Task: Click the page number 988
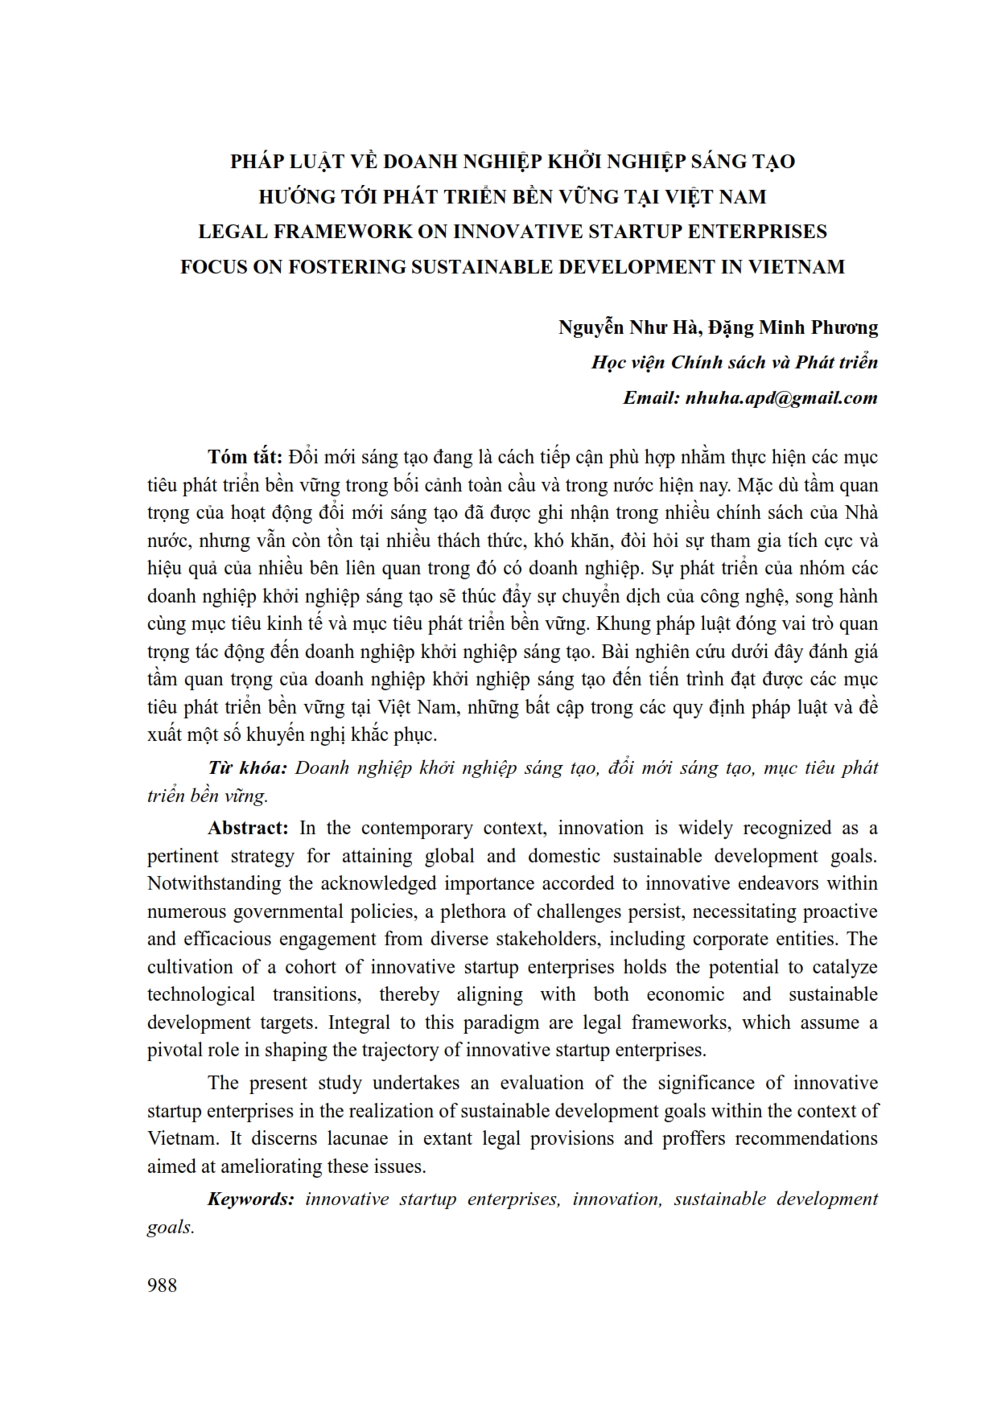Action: (162, 1285)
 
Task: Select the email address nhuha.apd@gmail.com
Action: (781, 397)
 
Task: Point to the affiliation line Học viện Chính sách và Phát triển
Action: (735, 362)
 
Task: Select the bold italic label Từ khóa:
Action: (247, 767)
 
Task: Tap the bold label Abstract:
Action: (248, 828)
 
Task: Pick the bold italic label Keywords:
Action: (251, 1199)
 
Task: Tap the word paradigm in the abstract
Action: (492, 1022)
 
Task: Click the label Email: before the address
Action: (651, 397)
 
